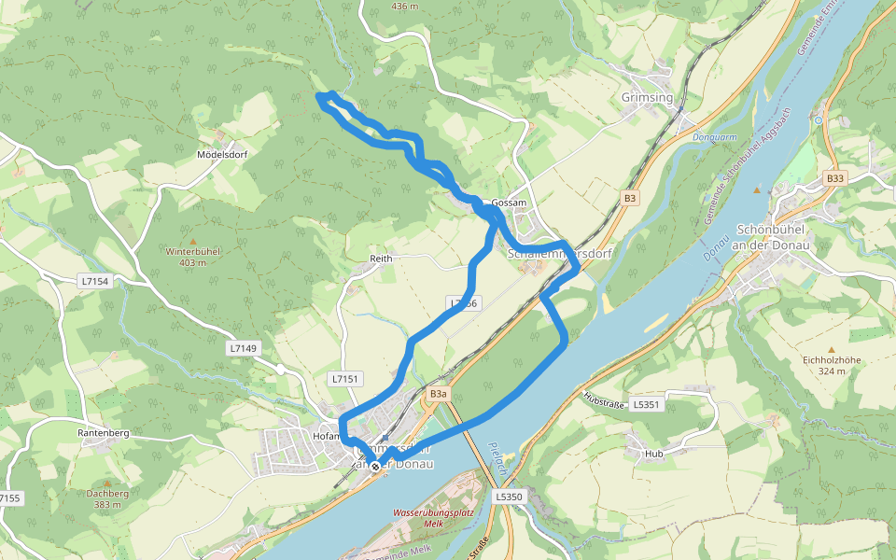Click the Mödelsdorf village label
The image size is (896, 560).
pyautogui.click(x=221, y=154)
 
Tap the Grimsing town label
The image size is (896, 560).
pyautogui.click(x=646, y=97)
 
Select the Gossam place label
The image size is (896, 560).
pyautogui.click(x=509, y=203)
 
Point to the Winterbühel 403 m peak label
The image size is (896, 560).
pyautogui.click(x=192, y=257)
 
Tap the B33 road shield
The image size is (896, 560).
pyautogui.click(x=834, y=178)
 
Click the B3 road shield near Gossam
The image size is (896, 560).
pyautogui.click(x=631, y=198)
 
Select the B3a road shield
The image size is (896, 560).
pyautogui.click(x=438, y=395)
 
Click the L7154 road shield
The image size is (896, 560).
pyautogui.click(x=95, y=281)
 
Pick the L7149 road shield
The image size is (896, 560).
pyautogui.click(x=242, y=347)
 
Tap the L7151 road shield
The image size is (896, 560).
pyautogui.click(x=344, y=378)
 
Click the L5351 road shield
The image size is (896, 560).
pyautogui.click(x=646, y=404)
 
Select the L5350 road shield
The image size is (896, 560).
pyautogui.click(x=509, y=497)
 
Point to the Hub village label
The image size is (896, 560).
pyautogui.click(x=653, y=455)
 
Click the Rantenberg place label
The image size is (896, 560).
pyautogui.click(x=103, y=434)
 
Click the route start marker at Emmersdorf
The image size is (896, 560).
pyautogui.click(x=375, y=466)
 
